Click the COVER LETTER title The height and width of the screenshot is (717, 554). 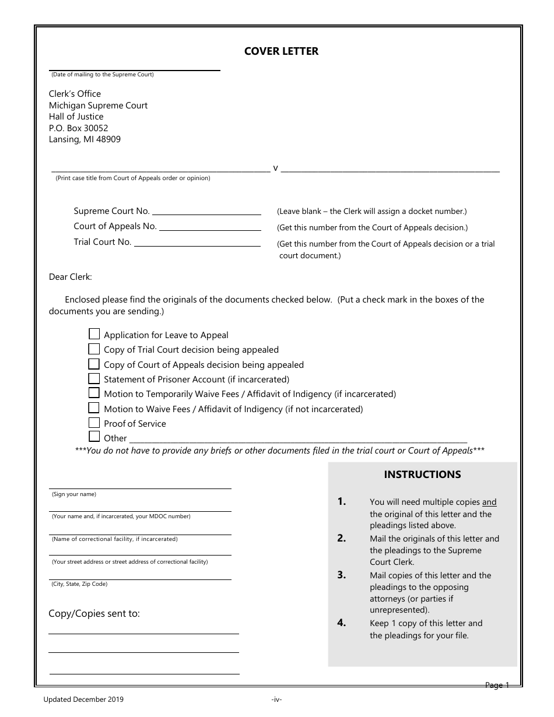point(281,51)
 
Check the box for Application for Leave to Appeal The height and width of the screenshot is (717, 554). point(94,334)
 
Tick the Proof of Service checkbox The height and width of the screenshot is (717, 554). point(94,423)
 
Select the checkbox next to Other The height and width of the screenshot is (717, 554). point(94,437)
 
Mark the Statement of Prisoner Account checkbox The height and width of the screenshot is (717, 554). point(94,378)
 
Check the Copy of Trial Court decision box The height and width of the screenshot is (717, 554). point(94,349)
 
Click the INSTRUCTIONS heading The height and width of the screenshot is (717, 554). point(422,475)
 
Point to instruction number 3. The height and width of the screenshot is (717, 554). point(342,575)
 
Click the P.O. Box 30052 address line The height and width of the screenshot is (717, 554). point(78,128)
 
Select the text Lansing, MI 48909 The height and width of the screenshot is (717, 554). point(85,140)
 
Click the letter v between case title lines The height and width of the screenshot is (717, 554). point(276,168)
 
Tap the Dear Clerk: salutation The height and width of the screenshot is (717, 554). point(70,277)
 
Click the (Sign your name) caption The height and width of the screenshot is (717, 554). point(74,494)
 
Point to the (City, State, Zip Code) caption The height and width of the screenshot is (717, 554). point(79,584)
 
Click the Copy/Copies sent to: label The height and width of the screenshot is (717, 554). point(94,613)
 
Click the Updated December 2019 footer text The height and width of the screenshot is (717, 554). point(83,700)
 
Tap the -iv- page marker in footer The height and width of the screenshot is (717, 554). point(276,700)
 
